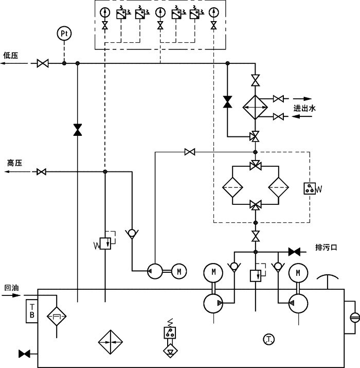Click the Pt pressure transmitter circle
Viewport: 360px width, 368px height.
pos(64,33)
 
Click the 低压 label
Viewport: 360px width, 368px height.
pos(11,55)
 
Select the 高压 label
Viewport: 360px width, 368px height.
pos(14,163)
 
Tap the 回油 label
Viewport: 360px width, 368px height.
pos(11,288)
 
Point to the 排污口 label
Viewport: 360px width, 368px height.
pos(326,248)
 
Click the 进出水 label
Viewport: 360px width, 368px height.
pos(304,108)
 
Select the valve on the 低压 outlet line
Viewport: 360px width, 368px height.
pos(43,63)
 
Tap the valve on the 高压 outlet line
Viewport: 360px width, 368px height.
pos(42,171)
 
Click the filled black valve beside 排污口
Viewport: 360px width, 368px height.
pos(294,252)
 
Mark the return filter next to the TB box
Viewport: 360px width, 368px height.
pos(56,314)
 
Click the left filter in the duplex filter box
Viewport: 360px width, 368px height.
pos(233,187)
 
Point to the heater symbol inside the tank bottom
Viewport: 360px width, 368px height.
pos(112,342)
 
